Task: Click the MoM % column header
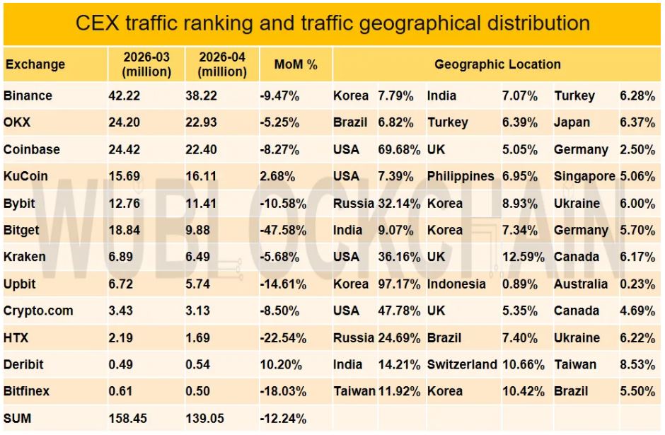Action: (296, 64)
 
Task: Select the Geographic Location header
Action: (497, 64)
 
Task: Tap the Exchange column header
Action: (35, 64)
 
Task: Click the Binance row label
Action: (28, 95)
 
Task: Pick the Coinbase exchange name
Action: (31, 149)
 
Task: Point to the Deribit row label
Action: (23, 364)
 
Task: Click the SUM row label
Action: (17, 418)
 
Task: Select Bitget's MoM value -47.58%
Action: (283, 230)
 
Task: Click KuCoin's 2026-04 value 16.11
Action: (201, 176)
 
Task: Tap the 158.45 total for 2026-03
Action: (127, 418)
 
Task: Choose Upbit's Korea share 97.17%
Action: (399, 284)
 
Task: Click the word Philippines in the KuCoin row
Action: (461, 176)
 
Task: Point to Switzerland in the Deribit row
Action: (462, 364)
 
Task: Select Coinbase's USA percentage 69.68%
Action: (399, 149)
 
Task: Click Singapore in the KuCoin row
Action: (584, 176)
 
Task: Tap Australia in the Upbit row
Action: (581, 284)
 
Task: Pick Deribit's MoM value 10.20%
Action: (281, 364)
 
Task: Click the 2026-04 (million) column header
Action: (222, 64)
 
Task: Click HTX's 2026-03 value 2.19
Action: (120, 337)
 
